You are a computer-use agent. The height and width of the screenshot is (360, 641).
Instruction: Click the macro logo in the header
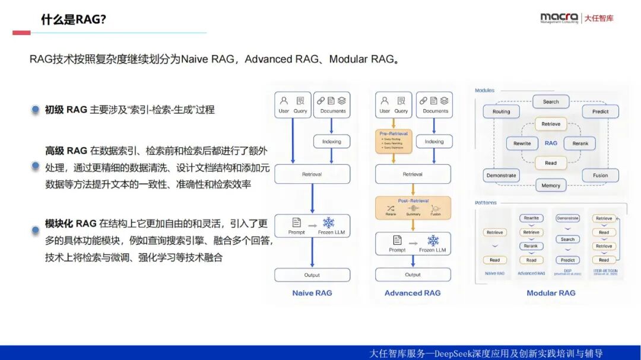click(x=559, y=18)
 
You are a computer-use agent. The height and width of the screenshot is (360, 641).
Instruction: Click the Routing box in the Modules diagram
click(x=502, y=111)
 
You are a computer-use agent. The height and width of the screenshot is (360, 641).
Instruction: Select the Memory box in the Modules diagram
click(x=551, y=185)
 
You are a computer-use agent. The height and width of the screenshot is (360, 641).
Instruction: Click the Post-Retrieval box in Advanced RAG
click(x=413, y=208)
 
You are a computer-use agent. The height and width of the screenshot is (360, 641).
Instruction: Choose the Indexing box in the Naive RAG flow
click(x=332, y=142)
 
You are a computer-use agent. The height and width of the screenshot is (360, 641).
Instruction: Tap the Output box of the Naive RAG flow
click(x=312, y=275)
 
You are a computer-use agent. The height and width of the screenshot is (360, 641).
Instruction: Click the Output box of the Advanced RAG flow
click(x=413, y=275)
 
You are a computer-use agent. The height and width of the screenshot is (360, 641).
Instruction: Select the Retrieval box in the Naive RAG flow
click(x=312, y=174)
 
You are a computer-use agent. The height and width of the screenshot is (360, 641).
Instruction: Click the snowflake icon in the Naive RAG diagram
click(x=328, y=223)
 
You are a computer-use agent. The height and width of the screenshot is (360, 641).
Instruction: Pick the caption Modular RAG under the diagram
click(x=551, y=293)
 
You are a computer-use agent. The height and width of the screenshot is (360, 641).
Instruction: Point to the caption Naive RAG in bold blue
click(x=312, y=293)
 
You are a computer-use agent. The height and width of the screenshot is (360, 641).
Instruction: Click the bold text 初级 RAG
click(x=66, y=110)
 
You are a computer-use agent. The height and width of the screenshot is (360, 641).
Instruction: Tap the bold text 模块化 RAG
click(x=71, y=224)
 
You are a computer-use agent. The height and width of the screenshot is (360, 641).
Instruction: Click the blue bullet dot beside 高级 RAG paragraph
click(x=36, y=167)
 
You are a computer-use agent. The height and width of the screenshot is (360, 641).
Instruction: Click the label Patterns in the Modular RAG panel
click(x=485, y=203)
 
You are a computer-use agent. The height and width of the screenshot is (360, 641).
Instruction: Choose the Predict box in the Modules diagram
click(x=600, y=111)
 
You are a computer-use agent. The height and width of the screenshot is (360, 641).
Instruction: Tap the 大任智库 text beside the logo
click(x=599, y=18)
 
